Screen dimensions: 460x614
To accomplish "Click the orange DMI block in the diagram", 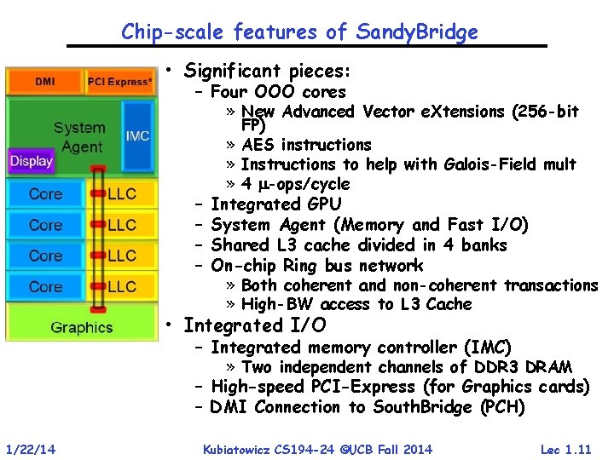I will click(x=45, y=82).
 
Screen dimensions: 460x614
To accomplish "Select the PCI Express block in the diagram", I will click(x=120, y=82).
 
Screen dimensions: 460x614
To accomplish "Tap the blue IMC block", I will click(x=137, y=136).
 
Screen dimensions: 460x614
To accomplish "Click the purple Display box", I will click(x=32, y=161).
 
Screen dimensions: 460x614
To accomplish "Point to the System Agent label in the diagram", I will click(x=78, y=137).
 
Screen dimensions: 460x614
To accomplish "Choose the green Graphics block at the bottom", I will click(x=82, y=327).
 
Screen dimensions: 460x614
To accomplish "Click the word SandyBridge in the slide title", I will click(x=418, y=32).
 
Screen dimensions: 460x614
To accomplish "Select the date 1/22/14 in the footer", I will click(x=31, y=449).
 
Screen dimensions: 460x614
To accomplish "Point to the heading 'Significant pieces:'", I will click(x=267, y=71).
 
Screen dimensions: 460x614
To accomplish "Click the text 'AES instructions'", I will click(x=306, y=145).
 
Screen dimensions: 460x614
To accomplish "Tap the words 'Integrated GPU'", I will click(x=275, y=204).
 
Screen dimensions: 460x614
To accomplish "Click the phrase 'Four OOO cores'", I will click(x=278, y=92).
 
